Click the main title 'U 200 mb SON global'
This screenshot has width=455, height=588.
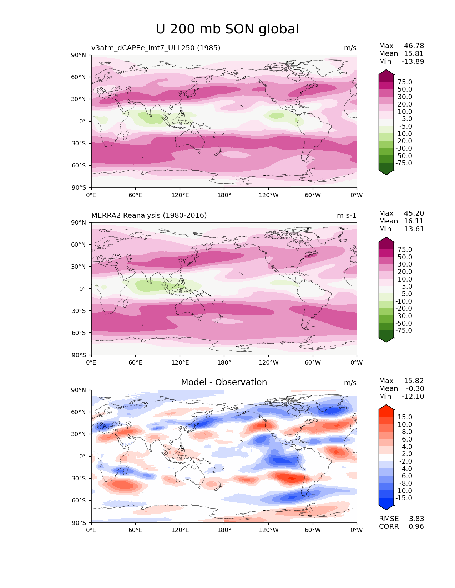227,29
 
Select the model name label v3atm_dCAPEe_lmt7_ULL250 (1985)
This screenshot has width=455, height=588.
156,48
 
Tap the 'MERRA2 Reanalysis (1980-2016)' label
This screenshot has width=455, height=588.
149,215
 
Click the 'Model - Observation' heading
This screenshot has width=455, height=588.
224,382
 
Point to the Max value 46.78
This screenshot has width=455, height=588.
414,46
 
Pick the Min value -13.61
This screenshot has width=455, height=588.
413,229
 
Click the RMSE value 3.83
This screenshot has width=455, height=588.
416,519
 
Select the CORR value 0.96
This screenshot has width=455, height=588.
416,526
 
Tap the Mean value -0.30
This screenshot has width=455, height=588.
415,389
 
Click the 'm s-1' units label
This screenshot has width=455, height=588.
347,216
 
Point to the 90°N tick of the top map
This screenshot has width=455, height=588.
79,55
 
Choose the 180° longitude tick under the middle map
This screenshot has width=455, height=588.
224,363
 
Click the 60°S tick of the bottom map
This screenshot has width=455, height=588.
79,500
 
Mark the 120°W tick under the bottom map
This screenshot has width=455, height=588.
269,530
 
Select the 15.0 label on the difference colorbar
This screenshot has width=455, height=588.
405,417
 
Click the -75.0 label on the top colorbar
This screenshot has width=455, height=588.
404,163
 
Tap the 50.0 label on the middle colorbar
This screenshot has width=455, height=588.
405,257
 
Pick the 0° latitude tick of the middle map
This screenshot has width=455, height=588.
82,289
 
